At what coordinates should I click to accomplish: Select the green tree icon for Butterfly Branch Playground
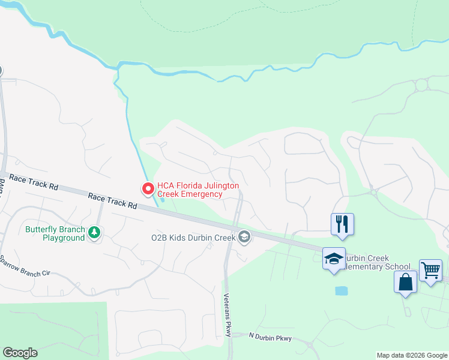pyautogui.click(x=94, y=232)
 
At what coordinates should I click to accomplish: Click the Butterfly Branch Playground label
pyautogui.click(x=55, y=233)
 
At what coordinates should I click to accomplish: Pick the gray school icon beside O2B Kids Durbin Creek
pyautogui.click(x=244, y=238)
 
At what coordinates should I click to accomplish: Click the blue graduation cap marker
pyautogui.click(x=334, y=259)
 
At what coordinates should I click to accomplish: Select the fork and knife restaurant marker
pyautogui.click(x=342, y=224)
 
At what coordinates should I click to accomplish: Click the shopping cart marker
pyautogui.click(x=430, y=270)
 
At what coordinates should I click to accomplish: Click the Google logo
pyautogui.click(x=20, y=353)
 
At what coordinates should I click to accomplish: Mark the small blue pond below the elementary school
pyautogui.click(x=341, y=291)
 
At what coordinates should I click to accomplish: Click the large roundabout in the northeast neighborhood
pyautogui.click(x=421, y=85)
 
